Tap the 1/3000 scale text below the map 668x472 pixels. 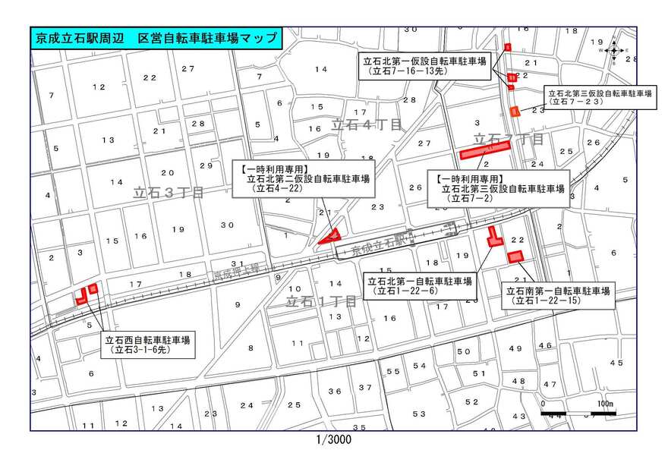(333, 439)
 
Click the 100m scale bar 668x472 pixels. (578, 412)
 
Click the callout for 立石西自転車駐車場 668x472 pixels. (148, 345)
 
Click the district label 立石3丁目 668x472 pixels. (168, 194)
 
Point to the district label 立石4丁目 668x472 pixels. (365, 126)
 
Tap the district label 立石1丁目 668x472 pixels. (320, 301)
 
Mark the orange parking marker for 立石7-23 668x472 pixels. (515, 112)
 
